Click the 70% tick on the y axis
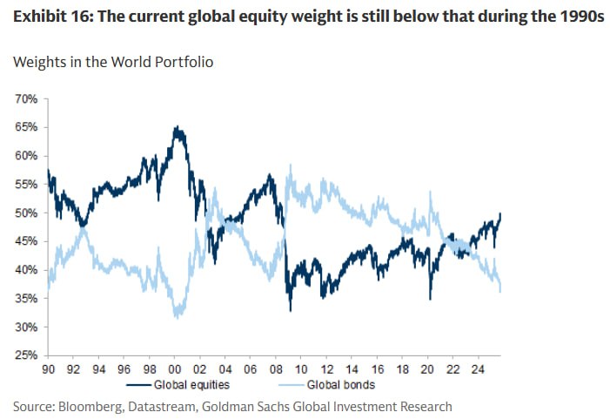(26, 98)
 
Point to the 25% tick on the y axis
(26, 355)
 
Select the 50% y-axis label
(26, 213)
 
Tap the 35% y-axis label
(26, 299)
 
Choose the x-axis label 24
(477, 368)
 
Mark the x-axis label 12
(325, 368)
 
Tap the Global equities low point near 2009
(291, 309)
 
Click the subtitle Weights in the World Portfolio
(114, 62)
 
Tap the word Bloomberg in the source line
(89, 406)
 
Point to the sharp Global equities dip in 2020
(430, 299)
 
